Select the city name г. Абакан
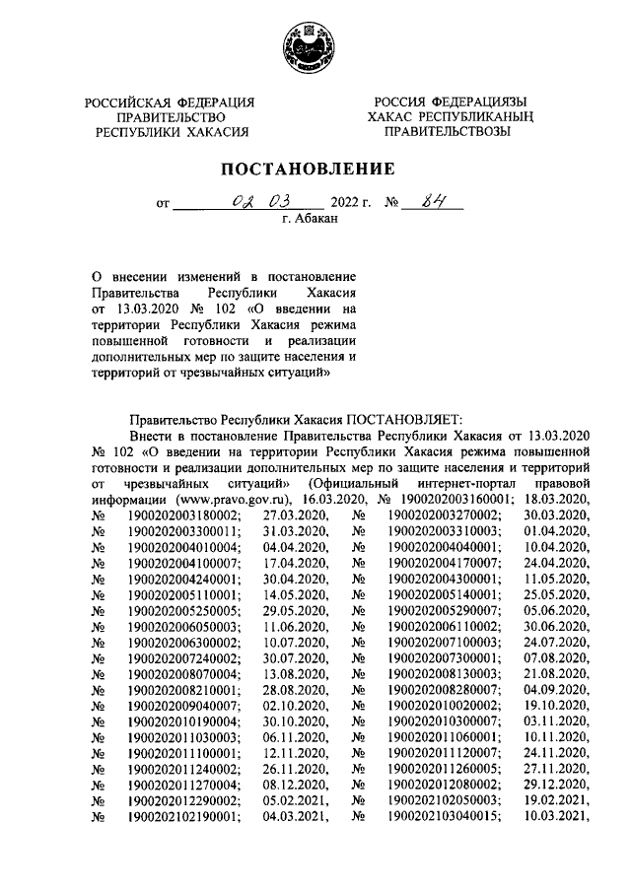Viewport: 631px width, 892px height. tap(309, 223)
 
